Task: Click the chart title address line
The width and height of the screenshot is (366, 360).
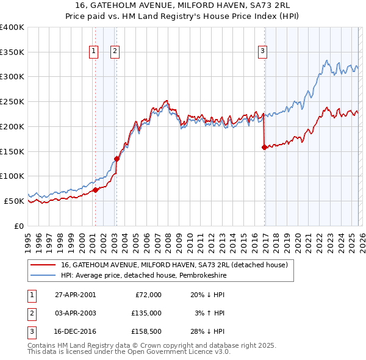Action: pos(182,5)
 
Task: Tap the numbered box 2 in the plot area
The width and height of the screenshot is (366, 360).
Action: pos(115,52)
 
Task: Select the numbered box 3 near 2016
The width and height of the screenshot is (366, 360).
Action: pos(262,52)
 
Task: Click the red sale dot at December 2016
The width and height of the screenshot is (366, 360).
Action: pos(264,147)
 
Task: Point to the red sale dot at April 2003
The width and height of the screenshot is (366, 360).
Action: pos(117,159)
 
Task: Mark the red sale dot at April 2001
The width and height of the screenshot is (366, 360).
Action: pos(95,190)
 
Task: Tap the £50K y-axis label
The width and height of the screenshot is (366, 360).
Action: pos(14,201)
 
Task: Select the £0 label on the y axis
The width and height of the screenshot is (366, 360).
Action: pos(18,226)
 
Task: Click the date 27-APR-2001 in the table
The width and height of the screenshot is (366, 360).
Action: pos(75,295)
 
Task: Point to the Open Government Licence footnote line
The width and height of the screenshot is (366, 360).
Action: pos(129,352)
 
